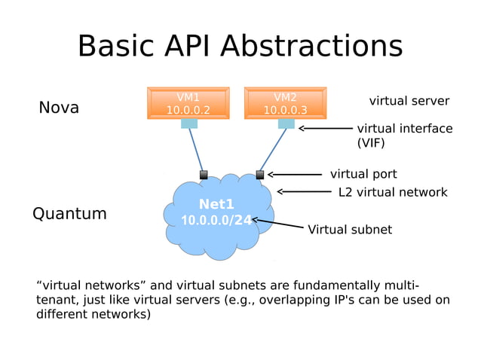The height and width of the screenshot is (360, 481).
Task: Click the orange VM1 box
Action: tap(188, 103)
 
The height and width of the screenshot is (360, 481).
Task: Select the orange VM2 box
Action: tap(285, 103)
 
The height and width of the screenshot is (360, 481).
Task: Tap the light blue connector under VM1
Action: tap(188, 124)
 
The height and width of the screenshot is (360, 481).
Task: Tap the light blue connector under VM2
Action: tap(286, 124)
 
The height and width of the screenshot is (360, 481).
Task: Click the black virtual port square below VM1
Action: tap(204, 175)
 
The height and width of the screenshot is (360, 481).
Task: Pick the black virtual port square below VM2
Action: tap(260, 175)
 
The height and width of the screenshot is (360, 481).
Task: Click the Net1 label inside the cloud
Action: tap(216, 204)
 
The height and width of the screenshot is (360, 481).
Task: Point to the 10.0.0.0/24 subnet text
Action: tap(216, 221)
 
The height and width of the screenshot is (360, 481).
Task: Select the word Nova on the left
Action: tap(59, 108)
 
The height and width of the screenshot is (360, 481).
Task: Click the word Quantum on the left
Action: tap(69, 214)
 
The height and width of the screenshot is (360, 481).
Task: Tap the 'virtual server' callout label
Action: tap(409, 101)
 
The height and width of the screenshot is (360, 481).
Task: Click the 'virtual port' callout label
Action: tap(363, 174)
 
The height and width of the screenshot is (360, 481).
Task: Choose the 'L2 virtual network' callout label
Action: tap(393, 192)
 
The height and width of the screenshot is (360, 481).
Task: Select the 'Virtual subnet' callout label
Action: tap(350, 230)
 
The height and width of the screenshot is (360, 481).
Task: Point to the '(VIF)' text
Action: tap(372, 142)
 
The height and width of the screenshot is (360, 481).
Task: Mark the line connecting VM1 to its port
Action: tap(196, 149)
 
